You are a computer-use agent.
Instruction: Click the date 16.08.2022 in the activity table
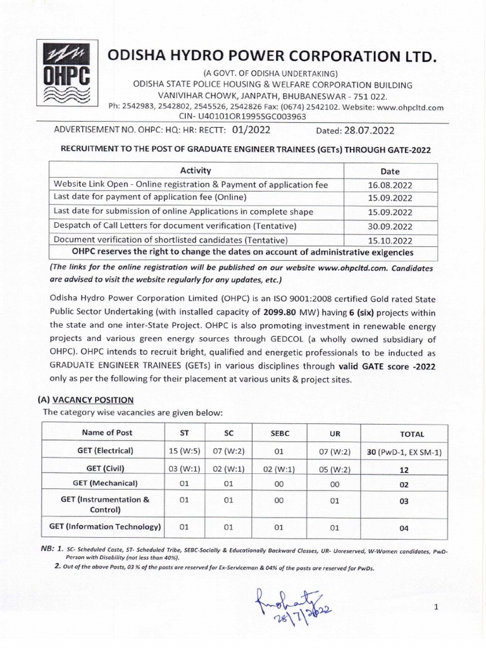pos(390,184)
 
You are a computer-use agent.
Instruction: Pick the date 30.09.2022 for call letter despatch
pos(390,226)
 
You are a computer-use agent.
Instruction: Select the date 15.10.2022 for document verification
pos(390,240)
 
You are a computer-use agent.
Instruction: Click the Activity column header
pos(196,170)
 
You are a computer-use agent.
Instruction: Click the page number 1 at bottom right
pos(436,607)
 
